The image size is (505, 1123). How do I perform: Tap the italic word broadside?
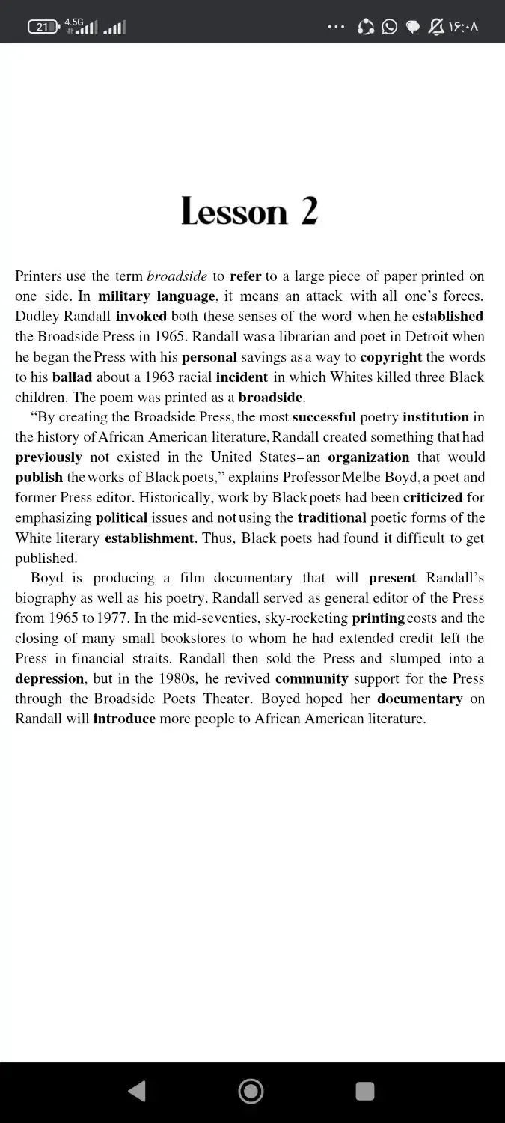point(177,276)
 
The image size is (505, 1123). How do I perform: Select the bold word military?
point(125,296)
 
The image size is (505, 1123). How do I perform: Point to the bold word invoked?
point(141,317)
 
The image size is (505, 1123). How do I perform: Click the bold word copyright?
point(391,357)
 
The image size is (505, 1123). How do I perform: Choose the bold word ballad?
point(72,377)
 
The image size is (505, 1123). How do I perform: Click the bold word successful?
point(324,417)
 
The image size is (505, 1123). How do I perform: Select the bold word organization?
point(369,457)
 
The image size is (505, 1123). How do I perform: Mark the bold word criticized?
point(432,498)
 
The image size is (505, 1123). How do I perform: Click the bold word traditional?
point(332,518)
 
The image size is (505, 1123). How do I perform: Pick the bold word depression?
point(49,679)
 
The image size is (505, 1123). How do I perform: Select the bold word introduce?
point(124,719)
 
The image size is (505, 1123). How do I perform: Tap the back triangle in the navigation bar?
point(137,1091)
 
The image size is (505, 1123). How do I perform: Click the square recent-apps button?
point(365,1091)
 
